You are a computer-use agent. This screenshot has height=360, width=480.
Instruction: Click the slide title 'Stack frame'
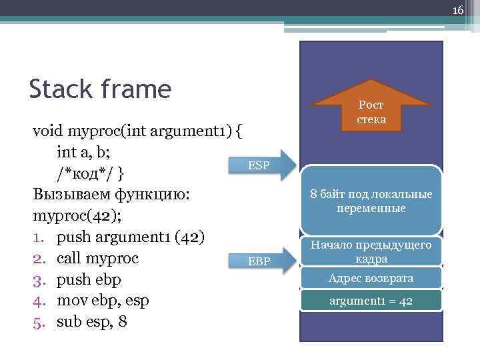coord(101,88)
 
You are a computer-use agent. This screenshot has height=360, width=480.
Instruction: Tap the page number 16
coord(457,10)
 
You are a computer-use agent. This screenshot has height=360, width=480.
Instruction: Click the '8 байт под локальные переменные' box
coord(371,201)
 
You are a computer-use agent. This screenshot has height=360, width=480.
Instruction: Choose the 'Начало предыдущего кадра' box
coord(371,252)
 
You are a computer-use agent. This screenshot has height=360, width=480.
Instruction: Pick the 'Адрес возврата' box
coord(371,278)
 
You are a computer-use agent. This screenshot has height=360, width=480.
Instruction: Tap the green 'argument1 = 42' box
coord(371,301)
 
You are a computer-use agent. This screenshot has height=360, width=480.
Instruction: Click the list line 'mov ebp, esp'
coord(103,301)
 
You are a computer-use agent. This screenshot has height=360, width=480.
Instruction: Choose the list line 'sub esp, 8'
coord(93,322)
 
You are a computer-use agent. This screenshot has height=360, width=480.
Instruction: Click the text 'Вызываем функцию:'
coord(111,195)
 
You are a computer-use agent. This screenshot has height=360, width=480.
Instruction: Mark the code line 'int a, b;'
coord(87,151)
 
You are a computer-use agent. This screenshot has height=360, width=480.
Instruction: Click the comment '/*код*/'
coord(86,173)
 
